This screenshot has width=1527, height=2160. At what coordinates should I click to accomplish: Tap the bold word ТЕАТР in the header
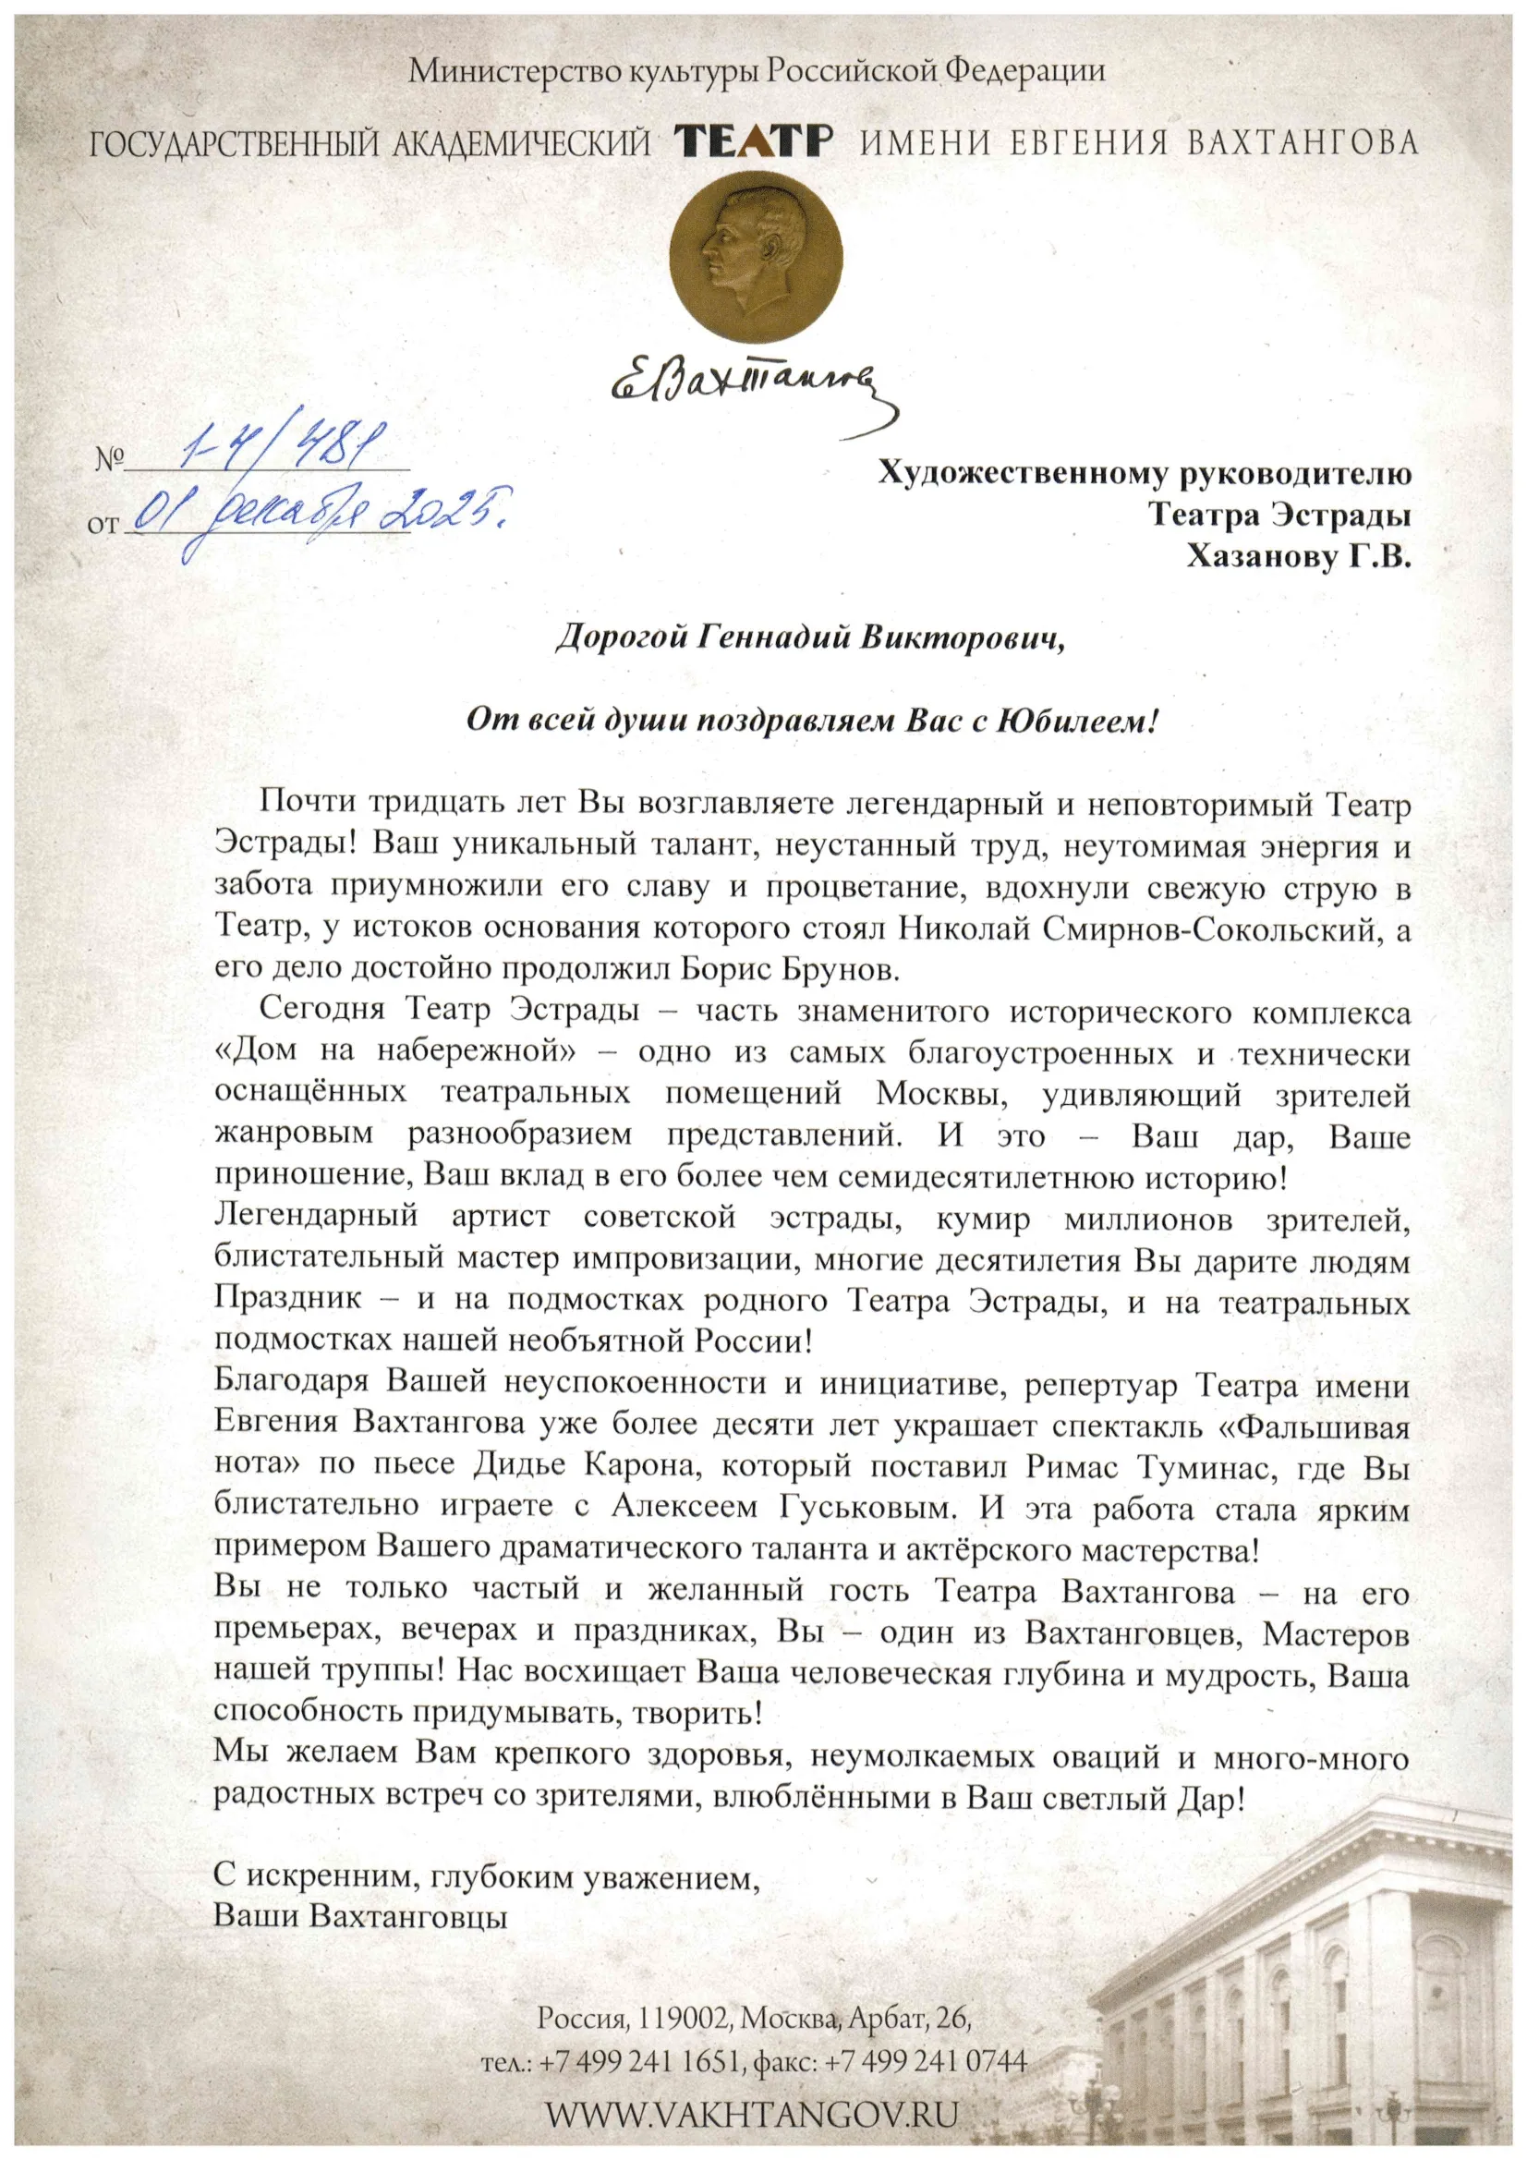pyautogui.click(x=754, y=142)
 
